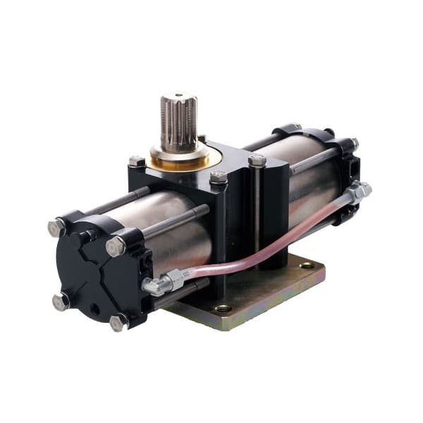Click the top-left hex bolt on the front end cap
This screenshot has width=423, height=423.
coord(56,228)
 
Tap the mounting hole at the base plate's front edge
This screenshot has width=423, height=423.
coord(223,308)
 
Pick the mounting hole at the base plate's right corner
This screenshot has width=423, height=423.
coord(307,266)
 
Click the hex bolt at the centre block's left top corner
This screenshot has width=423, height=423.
coord(136,162)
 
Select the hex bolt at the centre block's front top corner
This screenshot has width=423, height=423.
coord(219,178)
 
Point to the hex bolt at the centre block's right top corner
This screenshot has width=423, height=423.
coord(257,161)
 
